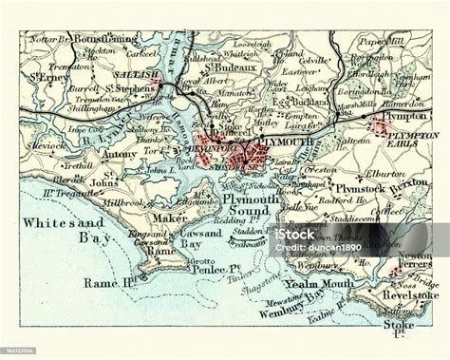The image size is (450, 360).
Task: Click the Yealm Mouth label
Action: coord(328,284)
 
